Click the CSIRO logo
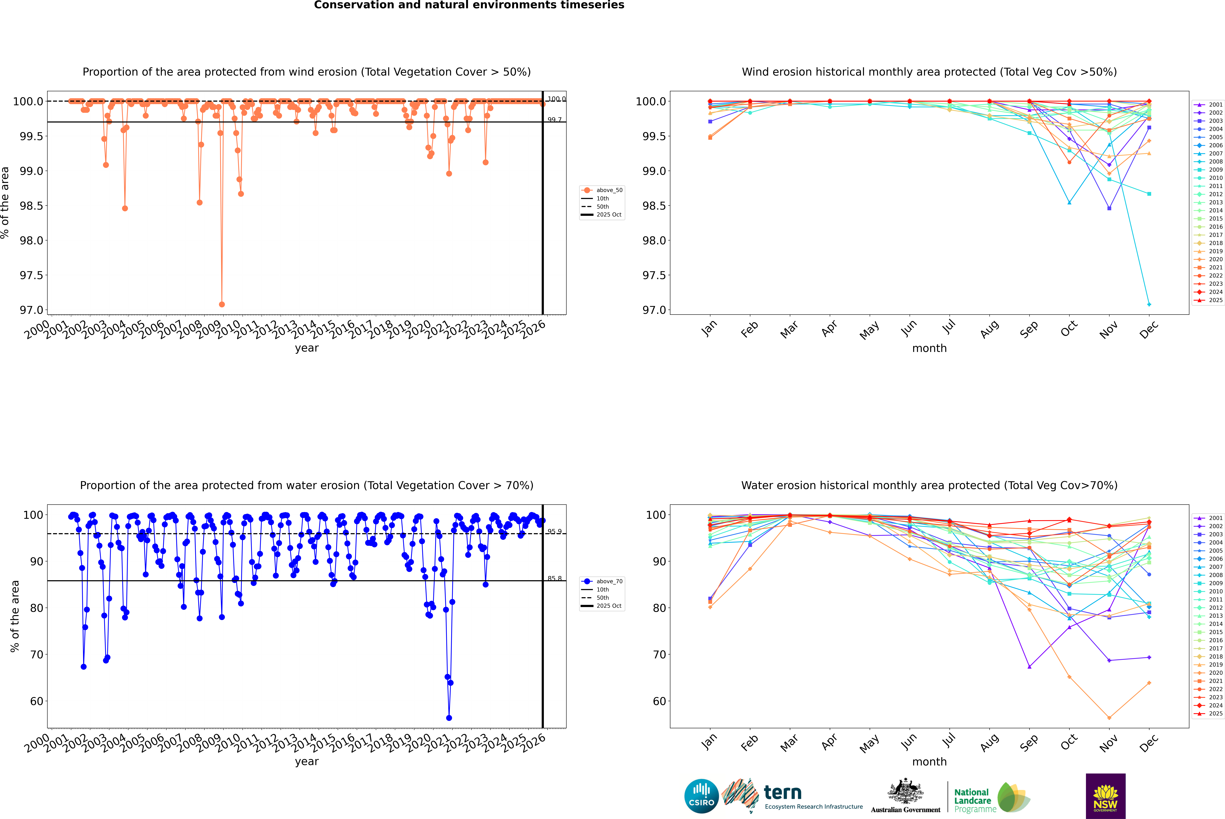click(701, 796)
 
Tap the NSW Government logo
click(1105, 796)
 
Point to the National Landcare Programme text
click(972, 800)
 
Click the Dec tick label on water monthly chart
click(1149, 743)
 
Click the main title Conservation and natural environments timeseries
click(469, 5)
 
